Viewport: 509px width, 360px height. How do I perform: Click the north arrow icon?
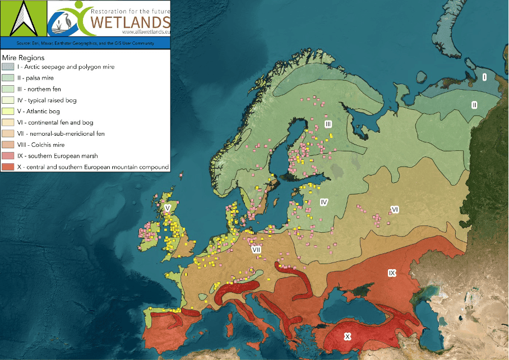[x=23, y=18]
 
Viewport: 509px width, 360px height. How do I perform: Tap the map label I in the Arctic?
[x=484, y=77]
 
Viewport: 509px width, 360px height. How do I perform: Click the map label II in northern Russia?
[x=474, y=104]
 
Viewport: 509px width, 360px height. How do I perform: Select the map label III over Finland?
[x=328, y=123]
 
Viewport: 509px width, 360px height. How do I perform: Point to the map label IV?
[x=323, y=201]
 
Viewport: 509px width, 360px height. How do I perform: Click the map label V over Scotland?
[x=167, y=207]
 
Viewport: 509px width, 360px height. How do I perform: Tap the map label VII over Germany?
[x=256, y=249]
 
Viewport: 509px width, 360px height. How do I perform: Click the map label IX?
[x=392, y=273]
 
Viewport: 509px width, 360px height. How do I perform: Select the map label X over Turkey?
[x=348, y=336]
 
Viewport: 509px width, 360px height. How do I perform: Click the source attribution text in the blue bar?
[x=85, y=42]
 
